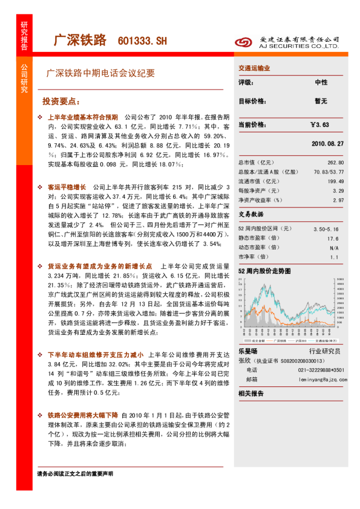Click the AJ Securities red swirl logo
(x=243, y=41)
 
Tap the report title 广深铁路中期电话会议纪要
(x=100, y=73)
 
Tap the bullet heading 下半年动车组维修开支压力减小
(x=95, y=354)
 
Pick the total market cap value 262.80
(x=335, y=163)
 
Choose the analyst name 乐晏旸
(x=248, y=351)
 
